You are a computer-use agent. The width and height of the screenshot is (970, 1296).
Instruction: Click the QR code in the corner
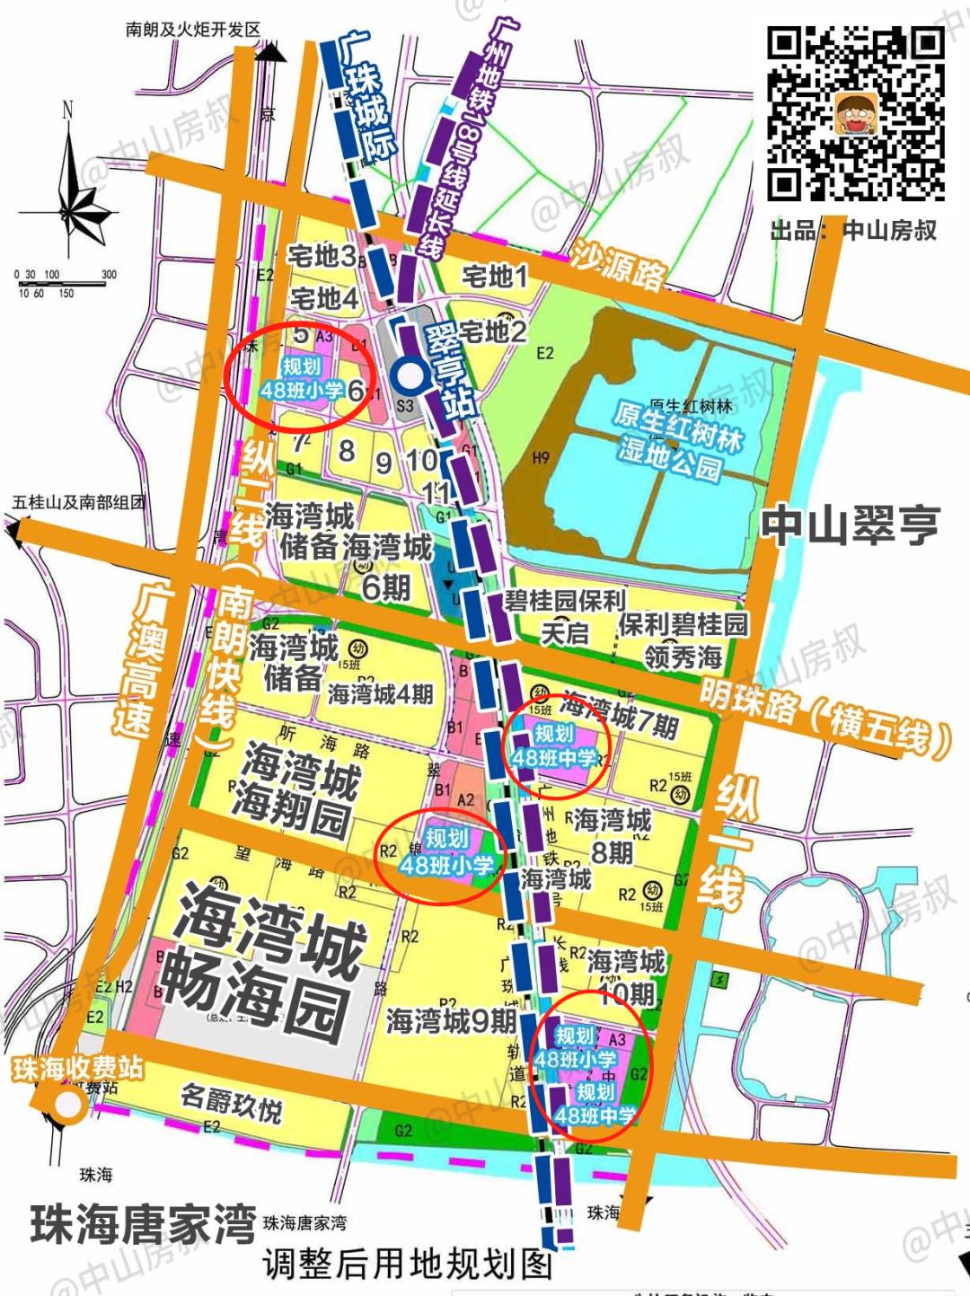point(855,113)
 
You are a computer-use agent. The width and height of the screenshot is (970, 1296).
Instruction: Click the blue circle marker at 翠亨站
point(410,373)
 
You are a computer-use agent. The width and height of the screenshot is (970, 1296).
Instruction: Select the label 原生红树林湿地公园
point(679,438)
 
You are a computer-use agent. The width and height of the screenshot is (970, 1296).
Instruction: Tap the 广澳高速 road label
point(139,660)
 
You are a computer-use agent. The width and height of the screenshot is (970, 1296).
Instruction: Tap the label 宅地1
point(495,276)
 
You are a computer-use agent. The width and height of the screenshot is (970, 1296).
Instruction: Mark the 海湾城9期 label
point(451,1020)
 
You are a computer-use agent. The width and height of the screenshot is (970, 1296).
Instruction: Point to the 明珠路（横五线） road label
point(824,719)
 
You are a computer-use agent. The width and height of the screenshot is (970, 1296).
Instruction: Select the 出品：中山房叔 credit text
point(853,231)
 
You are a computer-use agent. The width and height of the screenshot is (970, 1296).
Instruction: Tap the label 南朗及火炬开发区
point(193,30)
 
